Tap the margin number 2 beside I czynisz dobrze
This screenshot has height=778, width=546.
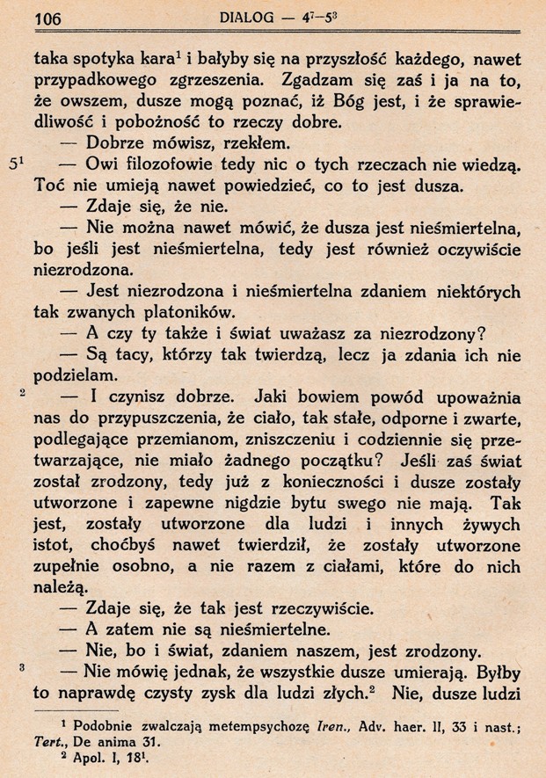tap(22, 395)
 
